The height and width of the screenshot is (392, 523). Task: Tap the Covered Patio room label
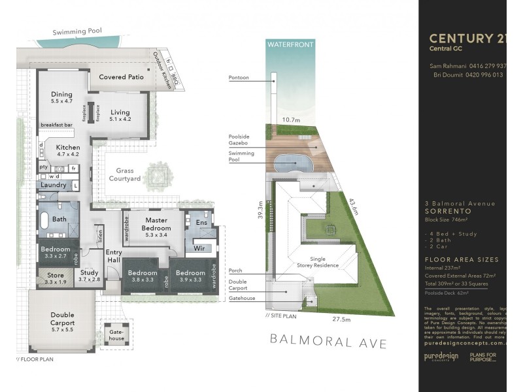point(121,77)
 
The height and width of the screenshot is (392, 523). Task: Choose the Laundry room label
point(53,185)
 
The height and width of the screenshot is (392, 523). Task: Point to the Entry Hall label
point(114,257)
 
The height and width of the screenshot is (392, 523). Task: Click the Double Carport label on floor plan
point(63,319)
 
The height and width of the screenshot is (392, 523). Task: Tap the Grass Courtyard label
point(124,174)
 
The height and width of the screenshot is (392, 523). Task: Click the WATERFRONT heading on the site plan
point(290,44)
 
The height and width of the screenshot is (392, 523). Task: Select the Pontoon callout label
point(239,78)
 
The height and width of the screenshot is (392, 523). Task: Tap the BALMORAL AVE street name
point(329,343)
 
